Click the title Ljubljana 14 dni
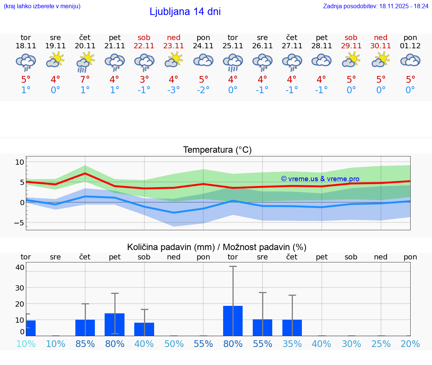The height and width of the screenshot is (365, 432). [x=185, y=12]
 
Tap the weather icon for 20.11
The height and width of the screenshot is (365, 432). [x=85, y=61]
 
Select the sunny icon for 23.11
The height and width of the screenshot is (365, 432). [x=174, y=60]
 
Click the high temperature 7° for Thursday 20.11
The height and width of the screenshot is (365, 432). [x=85, y=80]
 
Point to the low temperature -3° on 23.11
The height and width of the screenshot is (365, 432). [x=174, y=90]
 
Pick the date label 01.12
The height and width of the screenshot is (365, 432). [x=410, y=46]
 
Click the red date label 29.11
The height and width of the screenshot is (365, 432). [x=351, y=46]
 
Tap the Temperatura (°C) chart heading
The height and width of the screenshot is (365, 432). [x=217, y=150]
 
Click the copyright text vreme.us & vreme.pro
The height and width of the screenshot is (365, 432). [x=320, y=179]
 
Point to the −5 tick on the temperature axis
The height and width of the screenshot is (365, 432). [x=19, y=223]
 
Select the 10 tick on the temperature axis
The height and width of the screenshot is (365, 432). [x=19, y=162]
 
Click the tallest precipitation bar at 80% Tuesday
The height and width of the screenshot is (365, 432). [x=233, y=320]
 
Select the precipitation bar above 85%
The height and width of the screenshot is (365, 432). [x=85, y=328]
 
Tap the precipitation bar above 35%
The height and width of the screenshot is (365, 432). [x=292, y=328]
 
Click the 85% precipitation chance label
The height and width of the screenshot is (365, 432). [x=85, y=344]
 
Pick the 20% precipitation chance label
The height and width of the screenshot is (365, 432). [x=410, y=344]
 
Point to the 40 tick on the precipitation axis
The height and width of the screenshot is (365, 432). [x=20, y=267]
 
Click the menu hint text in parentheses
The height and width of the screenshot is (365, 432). [x=42, y=6]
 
